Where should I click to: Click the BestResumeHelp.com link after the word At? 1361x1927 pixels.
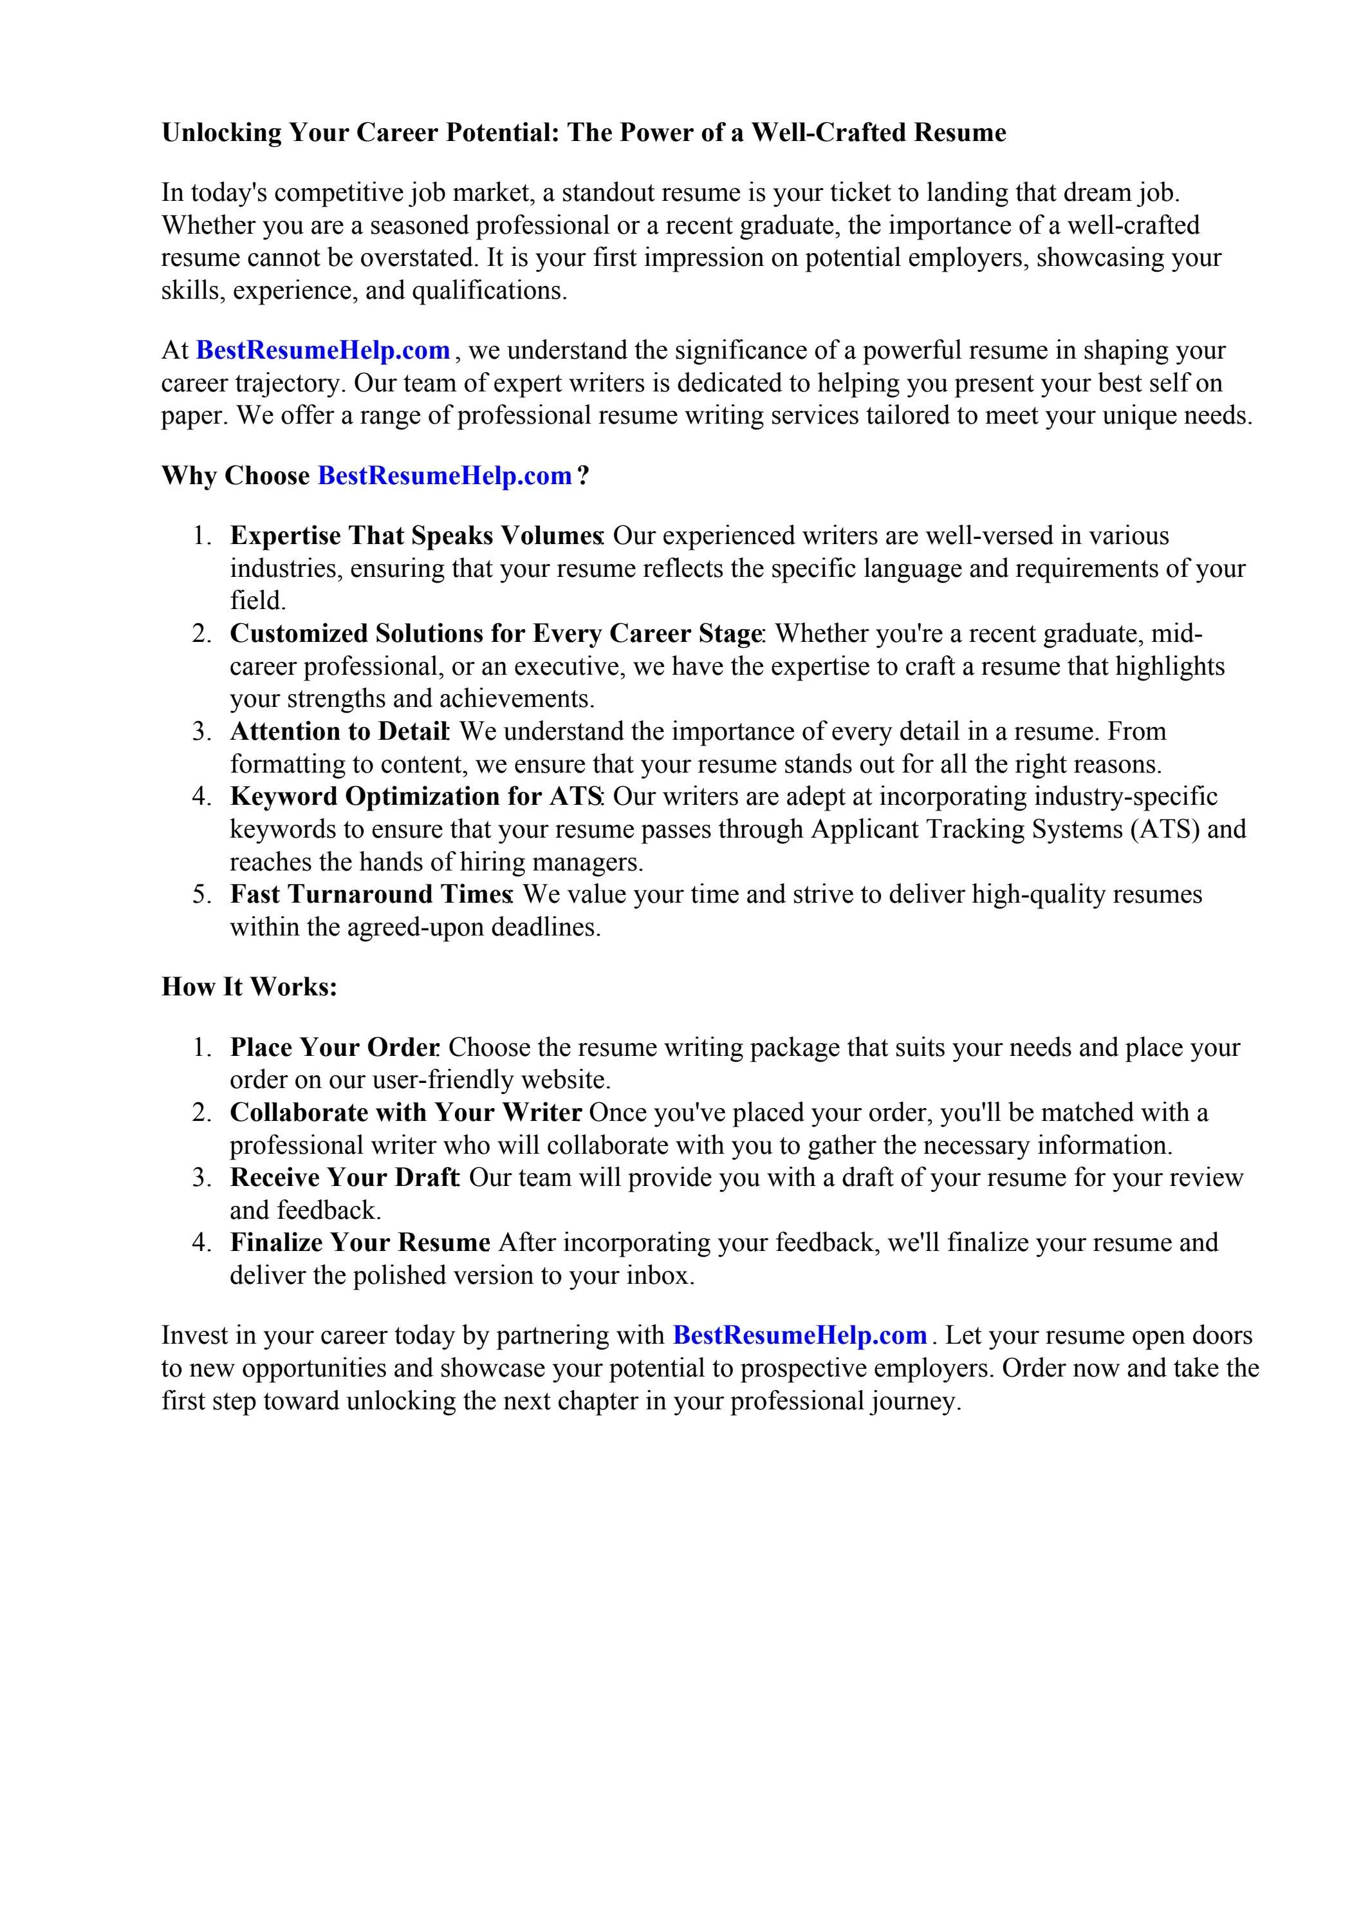click(323, 350)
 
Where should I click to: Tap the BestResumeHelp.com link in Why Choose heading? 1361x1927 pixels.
click(445, 476)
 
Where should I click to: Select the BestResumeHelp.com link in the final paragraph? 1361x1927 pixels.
click(800, 1335)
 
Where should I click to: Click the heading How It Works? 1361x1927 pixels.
click(249, 987)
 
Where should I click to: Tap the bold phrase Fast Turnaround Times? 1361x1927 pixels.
click(370, 895)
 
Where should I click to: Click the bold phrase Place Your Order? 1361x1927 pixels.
click(333, 1048)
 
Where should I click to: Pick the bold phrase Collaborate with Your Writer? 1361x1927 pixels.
click(405, 1113)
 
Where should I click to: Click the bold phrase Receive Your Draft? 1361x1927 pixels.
click(344, 1178)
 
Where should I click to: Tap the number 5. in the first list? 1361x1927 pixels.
click(202, 895)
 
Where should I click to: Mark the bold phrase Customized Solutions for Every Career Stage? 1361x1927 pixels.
click(495, 633)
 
